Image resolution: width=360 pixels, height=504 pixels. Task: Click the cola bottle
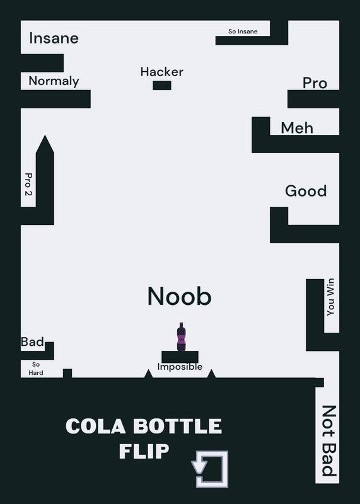[181, 336]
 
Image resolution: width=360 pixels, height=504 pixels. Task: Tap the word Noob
[180, 296]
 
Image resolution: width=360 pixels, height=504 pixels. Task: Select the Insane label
[54, 38]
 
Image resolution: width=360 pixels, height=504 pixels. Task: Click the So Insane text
[243, 31]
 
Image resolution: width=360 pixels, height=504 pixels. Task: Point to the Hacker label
[162, 72]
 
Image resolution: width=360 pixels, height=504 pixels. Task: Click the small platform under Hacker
[162, 86]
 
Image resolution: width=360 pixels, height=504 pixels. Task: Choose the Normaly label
[54, 81]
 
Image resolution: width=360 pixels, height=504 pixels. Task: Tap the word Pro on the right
[315, 83]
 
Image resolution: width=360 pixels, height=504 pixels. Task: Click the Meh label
[297, 128]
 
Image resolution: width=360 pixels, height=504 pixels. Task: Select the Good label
[306, 191]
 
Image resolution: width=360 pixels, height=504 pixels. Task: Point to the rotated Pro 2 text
[28, 184]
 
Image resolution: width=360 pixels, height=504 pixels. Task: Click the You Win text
[330, 297]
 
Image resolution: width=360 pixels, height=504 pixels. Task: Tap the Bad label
[32, 341]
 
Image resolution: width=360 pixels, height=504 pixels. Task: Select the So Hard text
[36, 369]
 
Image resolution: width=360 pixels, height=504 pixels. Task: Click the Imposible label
[180, 367]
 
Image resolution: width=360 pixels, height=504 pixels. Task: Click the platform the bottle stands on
[180, 357]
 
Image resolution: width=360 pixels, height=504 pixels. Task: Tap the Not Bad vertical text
[329, 440]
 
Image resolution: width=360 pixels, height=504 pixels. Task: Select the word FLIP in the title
[144, 451]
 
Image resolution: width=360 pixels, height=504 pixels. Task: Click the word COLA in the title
[96, 427]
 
